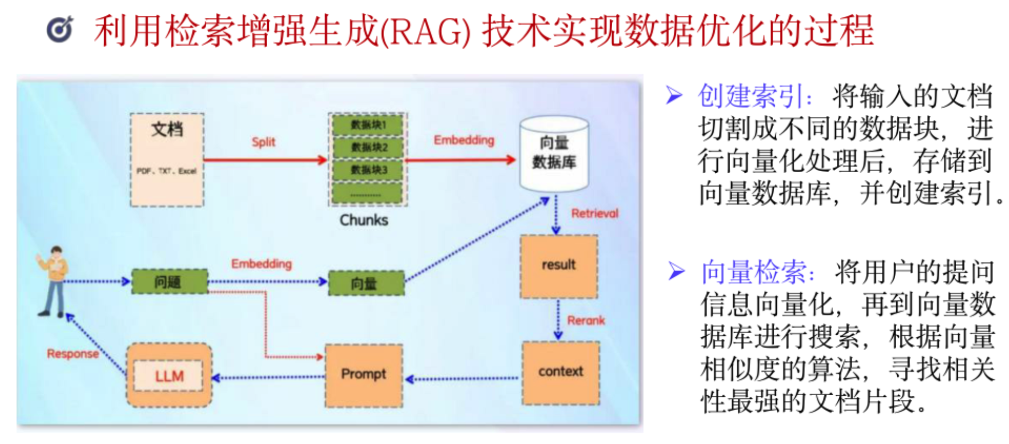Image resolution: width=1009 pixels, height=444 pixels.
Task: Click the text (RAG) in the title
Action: coord(425,31)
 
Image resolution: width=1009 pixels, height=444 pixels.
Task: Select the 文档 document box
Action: coord(167,160)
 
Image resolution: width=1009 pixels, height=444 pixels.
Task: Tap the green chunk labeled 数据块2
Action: coord(368,147)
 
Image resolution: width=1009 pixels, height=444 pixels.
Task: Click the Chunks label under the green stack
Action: coord(364,220)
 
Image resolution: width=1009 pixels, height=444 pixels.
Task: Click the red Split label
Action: coord(263,142)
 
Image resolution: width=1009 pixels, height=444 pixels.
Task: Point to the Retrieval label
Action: coord(594,213)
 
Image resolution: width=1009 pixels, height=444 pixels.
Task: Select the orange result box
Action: coord(559,266)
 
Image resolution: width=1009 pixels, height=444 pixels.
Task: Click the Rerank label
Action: coord(586,321)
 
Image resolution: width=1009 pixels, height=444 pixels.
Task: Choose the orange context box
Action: coord(561,373)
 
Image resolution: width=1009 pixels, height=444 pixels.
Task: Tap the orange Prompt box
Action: coord(364,375)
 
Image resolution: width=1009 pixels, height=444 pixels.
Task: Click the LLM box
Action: coord(169,376)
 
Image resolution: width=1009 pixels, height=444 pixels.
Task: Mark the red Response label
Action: coord(73,354)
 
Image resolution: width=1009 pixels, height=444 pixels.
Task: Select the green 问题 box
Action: coord(169,281)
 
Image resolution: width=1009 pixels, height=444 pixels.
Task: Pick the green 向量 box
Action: coord(366,283)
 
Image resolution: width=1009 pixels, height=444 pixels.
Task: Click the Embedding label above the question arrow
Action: coord(261,264)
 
